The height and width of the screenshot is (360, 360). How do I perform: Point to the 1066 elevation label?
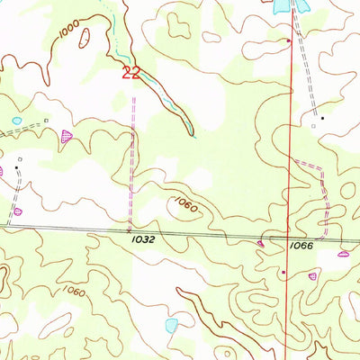301,246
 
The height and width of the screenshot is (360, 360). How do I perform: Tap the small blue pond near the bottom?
172,324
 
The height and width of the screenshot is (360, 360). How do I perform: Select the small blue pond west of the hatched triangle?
15,121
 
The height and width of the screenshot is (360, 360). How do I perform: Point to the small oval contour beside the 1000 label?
85,38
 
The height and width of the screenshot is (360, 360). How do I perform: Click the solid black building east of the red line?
321,117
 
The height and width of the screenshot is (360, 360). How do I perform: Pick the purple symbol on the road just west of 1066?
261,243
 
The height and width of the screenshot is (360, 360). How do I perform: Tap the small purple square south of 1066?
283,272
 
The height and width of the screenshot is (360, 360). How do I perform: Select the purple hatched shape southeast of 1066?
342,254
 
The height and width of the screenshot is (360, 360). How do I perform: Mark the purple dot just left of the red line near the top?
288,41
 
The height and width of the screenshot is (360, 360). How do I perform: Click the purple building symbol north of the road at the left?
17,211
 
